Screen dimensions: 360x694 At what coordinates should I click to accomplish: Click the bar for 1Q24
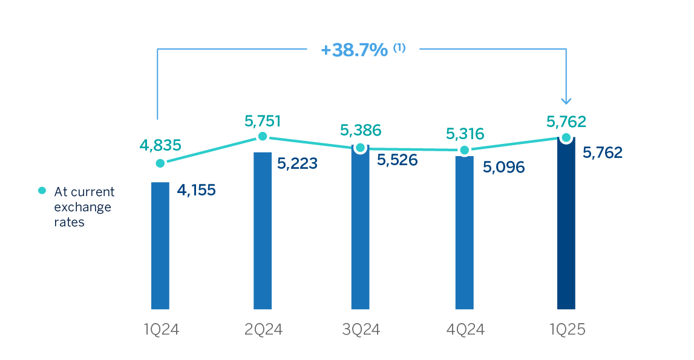click(160, 245)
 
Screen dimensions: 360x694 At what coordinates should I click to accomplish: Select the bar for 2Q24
click(262, 230)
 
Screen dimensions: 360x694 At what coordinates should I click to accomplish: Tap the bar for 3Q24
click(360, 227)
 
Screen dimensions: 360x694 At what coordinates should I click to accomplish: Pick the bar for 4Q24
click(464, 232)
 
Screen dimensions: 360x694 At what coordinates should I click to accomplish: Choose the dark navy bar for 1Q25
click(566, 224)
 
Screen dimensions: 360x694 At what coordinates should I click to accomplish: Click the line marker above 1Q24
click(160, 163)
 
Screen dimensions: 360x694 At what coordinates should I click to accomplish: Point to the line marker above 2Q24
click(262, 137)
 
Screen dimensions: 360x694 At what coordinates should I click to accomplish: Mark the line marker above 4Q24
click(464, 150)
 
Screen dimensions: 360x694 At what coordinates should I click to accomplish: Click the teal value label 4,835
click(160, 145)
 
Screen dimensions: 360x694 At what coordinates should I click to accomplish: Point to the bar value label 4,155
click(195, 190)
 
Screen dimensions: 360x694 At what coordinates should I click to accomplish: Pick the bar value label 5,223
click(296, 164)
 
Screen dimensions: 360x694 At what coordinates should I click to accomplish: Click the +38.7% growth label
click(355, 50)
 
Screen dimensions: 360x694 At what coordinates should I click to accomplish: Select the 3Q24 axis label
click(360, 330)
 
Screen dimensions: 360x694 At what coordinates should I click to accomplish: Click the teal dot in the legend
click(42, 191)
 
